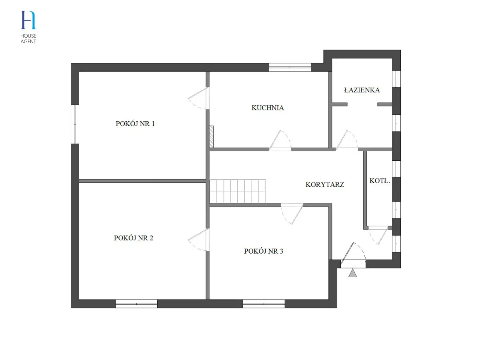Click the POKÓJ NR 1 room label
click(135, 124)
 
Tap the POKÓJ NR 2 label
click(133, 238)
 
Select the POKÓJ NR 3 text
click(264, 251)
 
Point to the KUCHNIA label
click(268, 108)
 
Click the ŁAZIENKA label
click(362, 90)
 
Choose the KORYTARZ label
click(325, 185)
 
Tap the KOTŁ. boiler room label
click(380, 181)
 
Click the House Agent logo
click(28, 27)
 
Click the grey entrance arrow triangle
click(352, 273)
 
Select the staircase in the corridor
click(238, 192)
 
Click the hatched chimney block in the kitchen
click(211, 137)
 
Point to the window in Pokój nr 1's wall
click(75, 124)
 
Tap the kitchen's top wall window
click(290, 67)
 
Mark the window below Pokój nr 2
click(136, 304)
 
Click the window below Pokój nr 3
click(264, 304)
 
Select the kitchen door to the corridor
click(280, 140)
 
